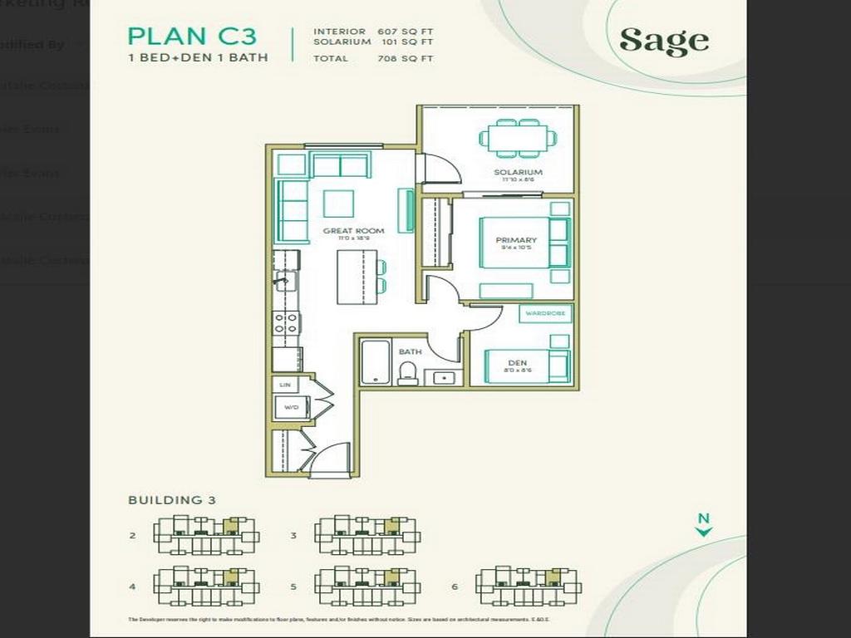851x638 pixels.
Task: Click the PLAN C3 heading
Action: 192,36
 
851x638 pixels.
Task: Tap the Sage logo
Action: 664,40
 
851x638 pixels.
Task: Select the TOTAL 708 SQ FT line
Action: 373,58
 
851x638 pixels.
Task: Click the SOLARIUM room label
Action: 518,173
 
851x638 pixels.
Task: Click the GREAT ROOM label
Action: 354,231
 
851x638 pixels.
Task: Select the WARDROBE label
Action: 545,314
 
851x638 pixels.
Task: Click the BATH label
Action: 410,351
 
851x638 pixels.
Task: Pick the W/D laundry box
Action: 292,407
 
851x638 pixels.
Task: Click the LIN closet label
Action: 285,385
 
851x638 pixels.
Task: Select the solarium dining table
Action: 518,139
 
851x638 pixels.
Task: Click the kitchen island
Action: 351,277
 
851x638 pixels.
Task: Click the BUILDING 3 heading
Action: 172,500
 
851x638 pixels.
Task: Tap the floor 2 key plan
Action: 206,535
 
